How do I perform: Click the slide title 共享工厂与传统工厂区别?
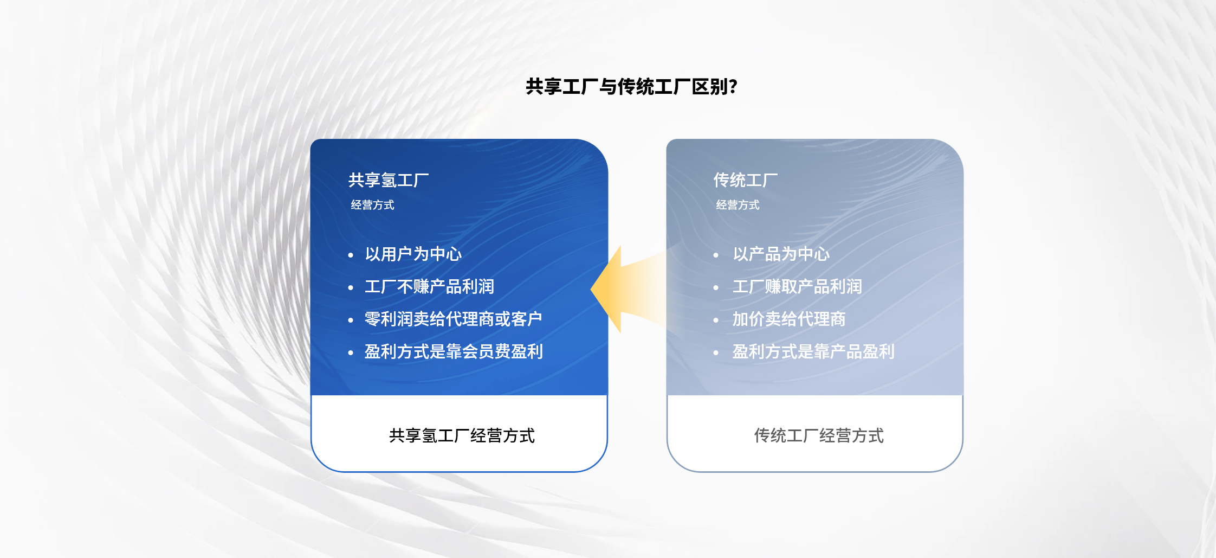point(631,87)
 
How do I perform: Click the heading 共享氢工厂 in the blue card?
point(389,180)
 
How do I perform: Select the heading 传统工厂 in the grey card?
point(746,180)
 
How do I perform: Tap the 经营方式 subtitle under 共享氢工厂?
point(372,205)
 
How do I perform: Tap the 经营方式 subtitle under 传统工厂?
point(738,205)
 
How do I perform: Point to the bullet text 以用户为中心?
point(413,254)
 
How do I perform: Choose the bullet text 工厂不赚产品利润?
point(429,286)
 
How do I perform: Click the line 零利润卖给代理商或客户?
point(454,319)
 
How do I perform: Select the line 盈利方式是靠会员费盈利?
point(454,351)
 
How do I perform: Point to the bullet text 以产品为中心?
point(781,254)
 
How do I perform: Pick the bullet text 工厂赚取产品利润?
point(797,286)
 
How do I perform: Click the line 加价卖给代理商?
point(789,319)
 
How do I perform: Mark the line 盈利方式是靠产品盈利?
point(813,351)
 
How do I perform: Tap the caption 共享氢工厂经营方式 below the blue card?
point(462,435)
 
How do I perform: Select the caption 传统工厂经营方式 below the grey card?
point(819,435)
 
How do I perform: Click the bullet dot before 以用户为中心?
point(351,255)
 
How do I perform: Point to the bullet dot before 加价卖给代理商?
point(716,320)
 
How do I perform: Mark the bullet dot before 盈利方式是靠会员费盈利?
point(351,352)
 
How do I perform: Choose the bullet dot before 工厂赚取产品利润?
point(716,287)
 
